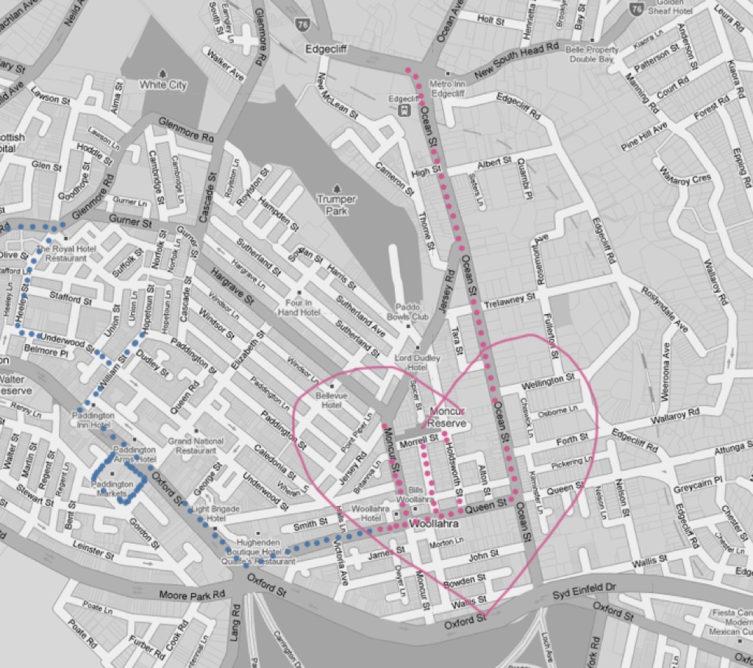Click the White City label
163,85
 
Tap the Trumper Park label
337,205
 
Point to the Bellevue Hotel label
329,400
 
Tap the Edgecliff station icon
403,110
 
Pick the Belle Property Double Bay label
592,54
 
